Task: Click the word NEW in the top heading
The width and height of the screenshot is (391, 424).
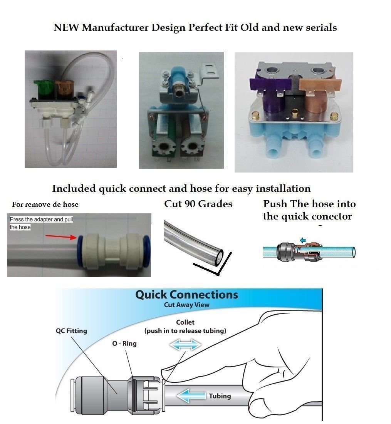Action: [62, 28]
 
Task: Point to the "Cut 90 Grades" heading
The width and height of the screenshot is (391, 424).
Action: [198, 204]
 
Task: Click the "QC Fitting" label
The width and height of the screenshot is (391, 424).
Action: [71, 331]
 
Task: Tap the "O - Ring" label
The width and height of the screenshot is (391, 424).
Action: [124, 343]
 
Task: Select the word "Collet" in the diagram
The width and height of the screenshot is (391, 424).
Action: [185, 322]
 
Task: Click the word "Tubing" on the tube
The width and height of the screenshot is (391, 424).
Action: [220, 396]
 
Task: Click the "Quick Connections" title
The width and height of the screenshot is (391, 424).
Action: [186, 295]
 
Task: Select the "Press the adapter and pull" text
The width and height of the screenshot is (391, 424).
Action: [41, 219]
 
